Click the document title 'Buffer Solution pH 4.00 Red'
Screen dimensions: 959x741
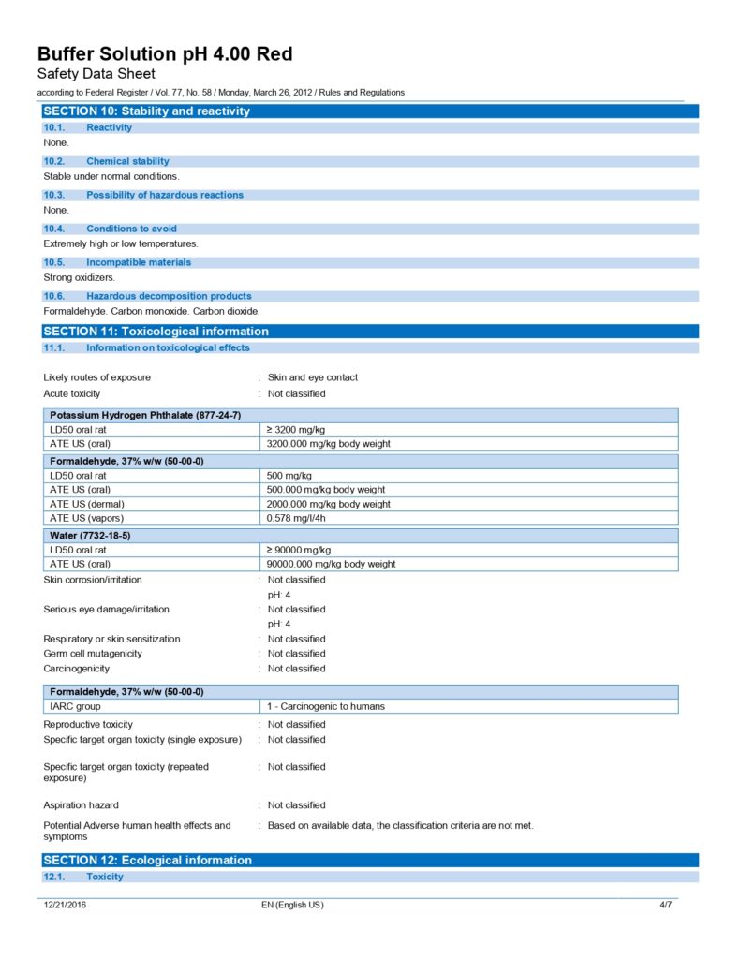(x=164, y=54)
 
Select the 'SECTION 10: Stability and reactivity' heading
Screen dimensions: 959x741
(x=147, y=111)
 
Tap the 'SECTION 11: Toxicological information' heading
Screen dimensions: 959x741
(x=156, y=332)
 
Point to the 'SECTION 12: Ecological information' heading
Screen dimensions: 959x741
(x=148, y=861)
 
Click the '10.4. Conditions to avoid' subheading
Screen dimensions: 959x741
(x=131, y=229)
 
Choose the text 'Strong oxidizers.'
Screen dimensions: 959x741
(x=80, y=277)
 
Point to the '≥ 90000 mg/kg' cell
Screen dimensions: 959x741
(x=299, y=550)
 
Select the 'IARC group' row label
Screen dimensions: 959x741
(x=75, y=706)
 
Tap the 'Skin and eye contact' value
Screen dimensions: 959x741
(x=313, y=377)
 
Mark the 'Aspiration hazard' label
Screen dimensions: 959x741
(x=82, y=805)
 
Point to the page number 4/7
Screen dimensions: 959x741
(x=666, y=905)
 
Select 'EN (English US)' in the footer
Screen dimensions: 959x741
(x=292, y=905)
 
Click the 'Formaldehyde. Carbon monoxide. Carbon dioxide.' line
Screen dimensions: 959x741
(x=152, y=311)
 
